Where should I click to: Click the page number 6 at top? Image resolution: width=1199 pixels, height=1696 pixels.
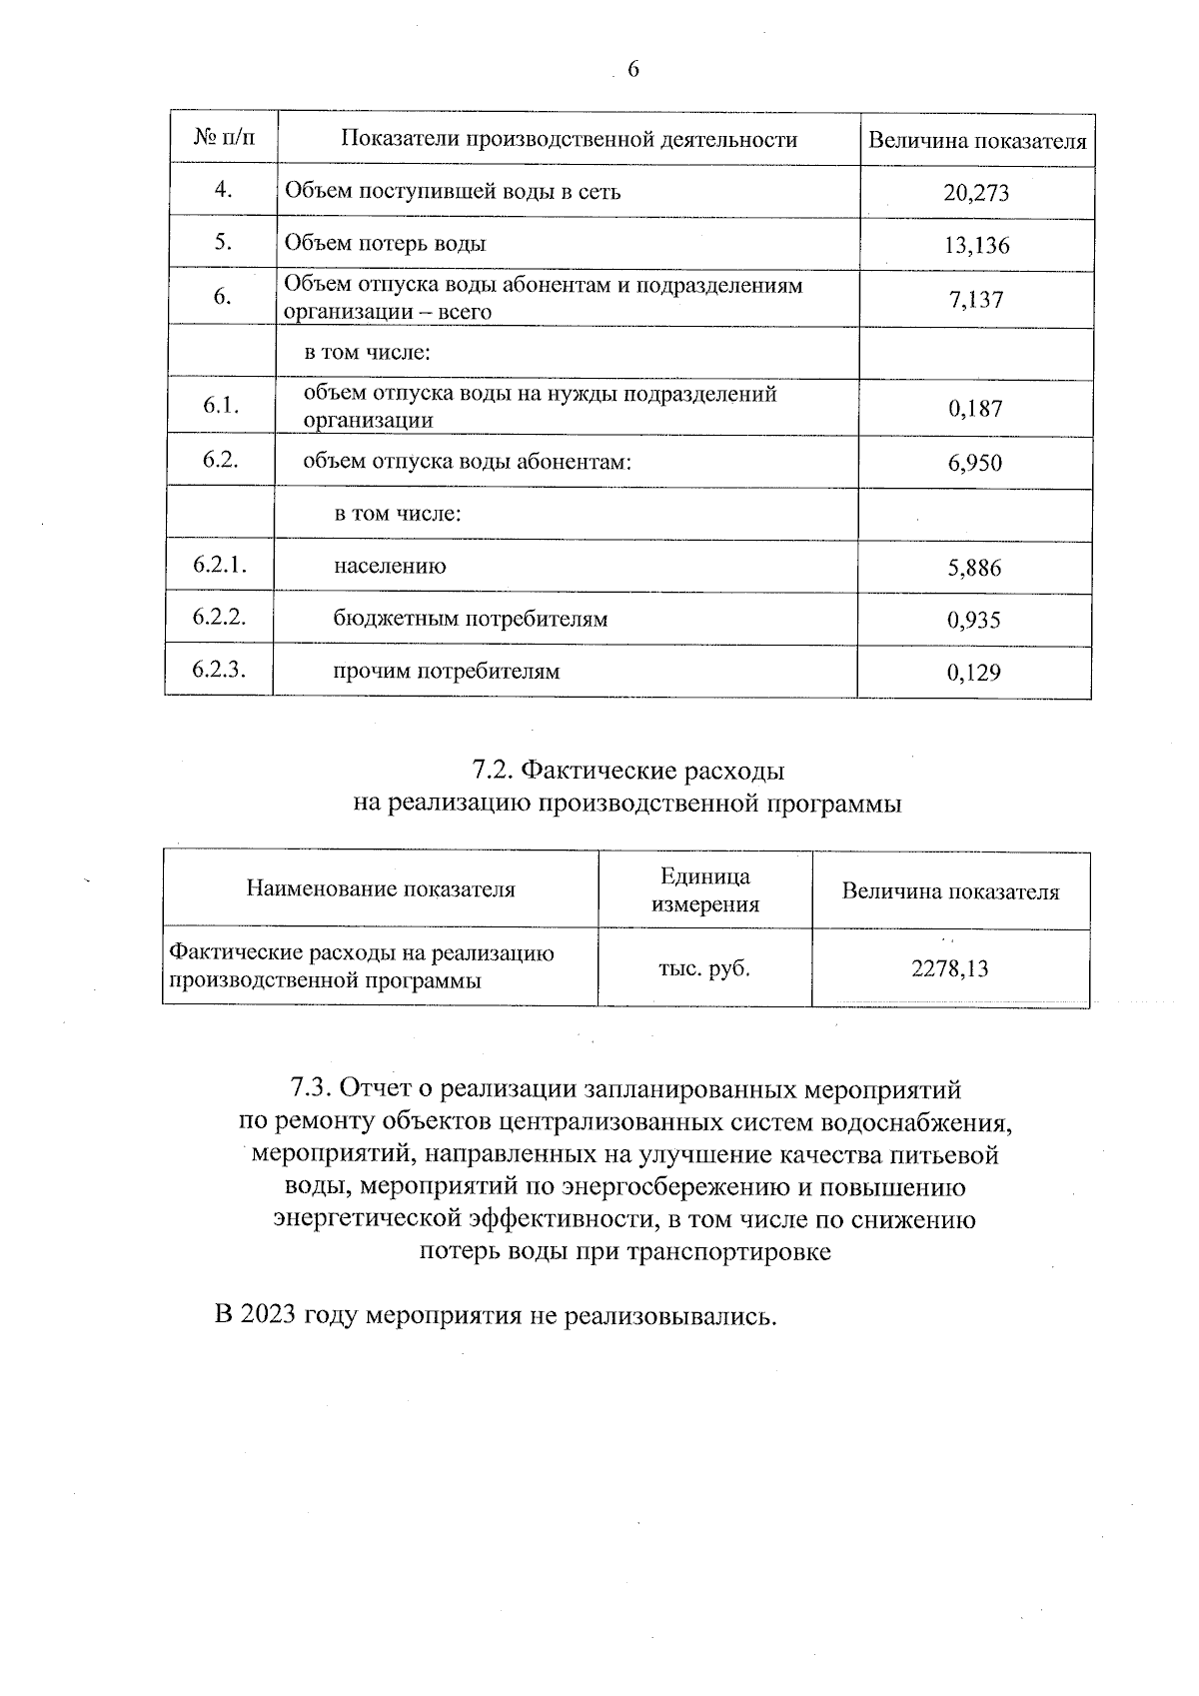(631, 69)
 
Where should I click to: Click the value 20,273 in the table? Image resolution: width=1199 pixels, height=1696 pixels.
(976, 193)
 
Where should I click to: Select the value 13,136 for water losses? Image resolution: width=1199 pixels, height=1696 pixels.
(976, 245)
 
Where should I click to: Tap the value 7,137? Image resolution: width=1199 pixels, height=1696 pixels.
(976, 299)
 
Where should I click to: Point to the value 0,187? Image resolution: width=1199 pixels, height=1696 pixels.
(974, 408)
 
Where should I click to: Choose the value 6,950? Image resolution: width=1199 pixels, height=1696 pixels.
(974, 463)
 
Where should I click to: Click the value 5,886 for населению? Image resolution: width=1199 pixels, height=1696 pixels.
(974, 569)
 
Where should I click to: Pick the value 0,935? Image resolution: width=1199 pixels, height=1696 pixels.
(974, 621)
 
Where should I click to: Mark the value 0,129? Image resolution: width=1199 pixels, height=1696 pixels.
(974, 673)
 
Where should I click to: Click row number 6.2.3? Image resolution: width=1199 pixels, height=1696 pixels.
(220, 670)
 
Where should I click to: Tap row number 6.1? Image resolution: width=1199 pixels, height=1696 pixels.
(220, 405)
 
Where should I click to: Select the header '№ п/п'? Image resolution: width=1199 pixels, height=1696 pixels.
(223, 139)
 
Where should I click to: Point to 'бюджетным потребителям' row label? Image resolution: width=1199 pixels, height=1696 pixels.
(470, 619)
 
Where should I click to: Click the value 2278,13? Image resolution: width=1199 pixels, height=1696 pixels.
(949, 968)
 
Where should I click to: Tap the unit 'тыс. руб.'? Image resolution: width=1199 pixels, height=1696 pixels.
(703, 967)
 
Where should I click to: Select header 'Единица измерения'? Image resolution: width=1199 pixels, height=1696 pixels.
(704, 890)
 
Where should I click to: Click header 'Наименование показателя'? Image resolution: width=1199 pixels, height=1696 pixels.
(381, 888)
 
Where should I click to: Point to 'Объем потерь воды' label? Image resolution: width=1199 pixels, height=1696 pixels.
(386, 243)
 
